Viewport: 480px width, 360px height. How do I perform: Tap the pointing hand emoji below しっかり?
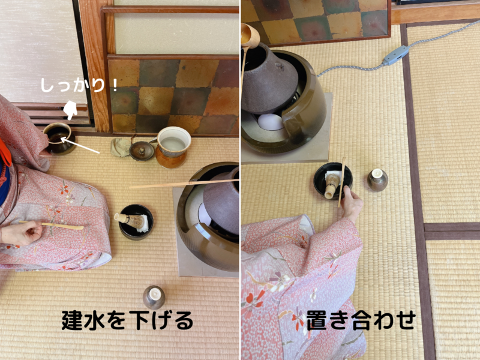tap(71, 109)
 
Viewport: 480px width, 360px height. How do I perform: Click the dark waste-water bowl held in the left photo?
tap(58, 137)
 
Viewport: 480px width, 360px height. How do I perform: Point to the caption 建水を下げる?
tap(127, 320)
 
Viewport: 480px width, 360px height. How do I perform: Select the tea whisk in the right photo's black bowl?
tap(331, 182)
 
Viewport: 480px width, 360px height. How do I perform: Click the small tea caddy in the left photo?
tap(154, 296)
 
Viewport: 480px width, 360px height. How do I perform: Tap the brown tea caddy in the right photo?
tap(377, 179)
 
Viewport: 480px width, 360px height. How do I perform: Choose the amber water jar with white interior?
tap(173, 147)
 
